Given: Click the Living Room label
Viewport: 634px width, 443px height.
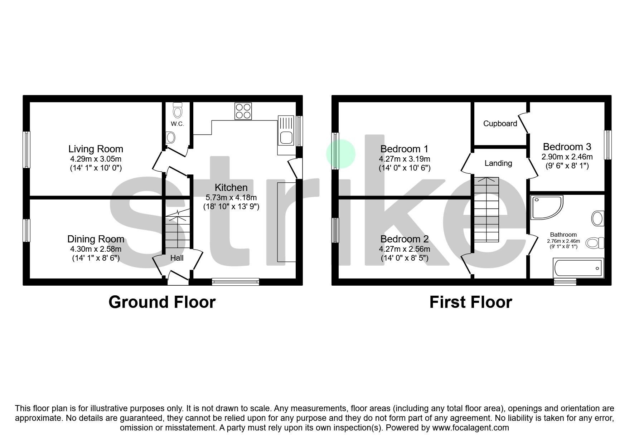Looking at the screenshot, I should point(96,149).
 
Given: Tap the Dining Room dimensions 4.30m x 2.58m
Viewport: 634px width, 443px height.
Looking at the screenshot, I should point(96,249).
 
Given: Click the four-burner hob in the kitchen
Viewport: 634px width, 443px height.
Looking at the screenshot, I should point(243,111).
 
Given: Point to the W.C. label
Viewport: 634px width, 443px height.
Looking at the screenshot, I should point(177,124).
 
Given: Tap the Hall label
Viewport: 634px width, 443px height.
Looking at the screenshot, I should point(177,258).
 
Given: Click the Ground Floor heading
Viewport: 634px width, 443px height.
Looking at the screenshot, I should point(162,302).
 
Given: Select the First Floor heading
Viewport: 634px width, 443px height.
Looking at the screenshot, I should point(470,302).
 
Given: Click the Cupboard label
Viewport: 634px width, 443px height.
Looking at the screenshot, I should point(500,123).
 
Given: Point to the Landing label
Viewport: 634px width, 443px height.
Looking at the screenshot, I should point(498,163).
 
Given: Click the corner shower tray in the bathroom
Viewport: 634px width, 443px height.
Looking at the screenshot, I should point(546,207).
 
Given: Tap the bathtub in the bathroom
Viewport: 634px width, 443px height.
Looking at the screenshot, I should point(578,268).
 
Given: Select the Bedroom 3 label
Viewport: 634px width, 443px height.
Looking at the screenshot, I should point(567,147).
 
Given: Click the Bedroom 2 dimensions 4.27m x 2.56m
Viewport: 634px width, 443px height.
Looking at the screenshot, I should point(405,249).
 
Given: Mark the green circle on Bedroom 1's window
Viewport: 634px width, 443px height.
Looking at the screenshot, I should point(340,154).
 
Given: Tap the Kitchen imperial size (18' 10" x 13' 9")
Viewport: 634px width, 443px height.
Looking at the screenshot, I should point(231,206).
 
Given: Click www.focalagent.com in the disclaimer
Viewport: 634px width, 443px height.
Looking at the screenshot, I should point(470,428).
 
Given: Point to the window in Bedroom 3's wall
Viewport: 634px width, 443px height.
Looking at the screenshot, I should point(608,144).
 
